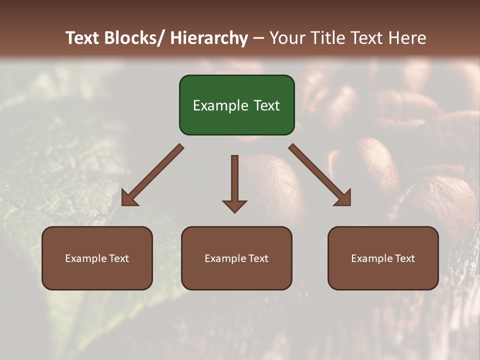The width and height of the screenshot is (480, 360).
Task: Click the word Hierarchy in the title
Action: (209, 38)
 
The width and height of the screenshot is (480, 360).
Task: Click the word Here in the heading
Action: (408, 38)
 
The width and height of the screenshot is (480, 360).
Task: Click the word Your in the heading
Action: (287, 38)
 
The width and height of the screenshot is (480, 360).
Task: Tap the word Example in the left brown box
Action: (86, 258)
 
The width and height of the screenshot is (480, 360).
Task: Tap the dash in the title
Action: (258, 38)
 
